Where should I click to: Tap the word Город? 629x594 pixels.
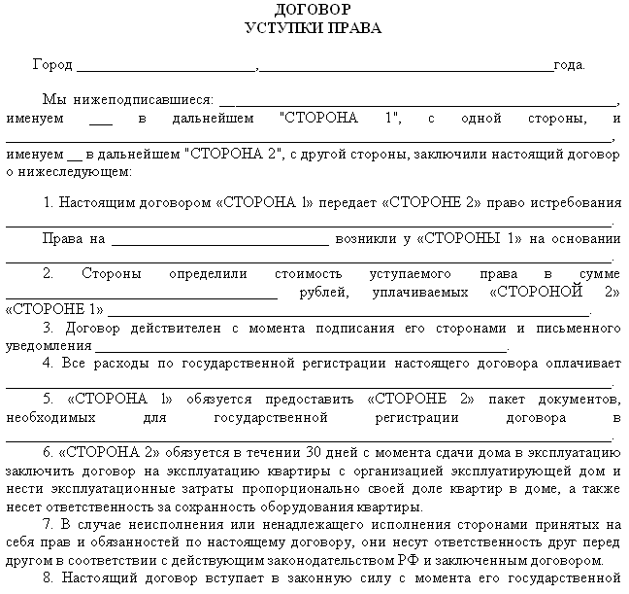click(52, 65)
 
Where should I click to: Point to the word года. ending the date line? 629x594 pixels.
click(569, 65)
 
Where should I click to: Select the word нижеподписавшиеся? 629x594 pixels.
click(154, 100)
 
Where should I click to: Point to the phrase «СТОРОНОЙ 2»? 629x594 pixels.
click(554, 292)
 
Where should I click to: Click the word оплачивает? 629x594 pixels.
click(579, 364)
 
